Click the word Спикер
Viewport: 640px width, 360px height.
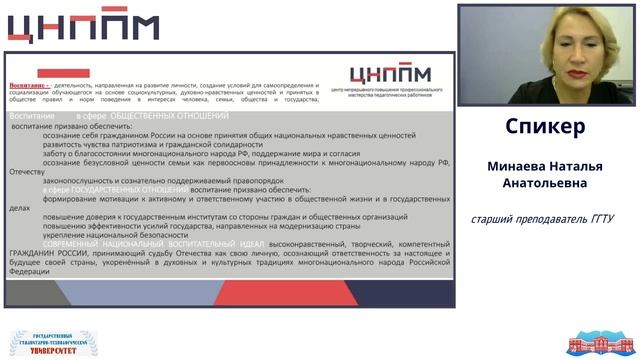pos(545,128)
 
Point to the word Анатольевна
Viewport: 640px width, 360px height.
pos(545,183)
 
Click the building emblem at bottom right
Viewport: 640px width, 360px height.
pos(599,343)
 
